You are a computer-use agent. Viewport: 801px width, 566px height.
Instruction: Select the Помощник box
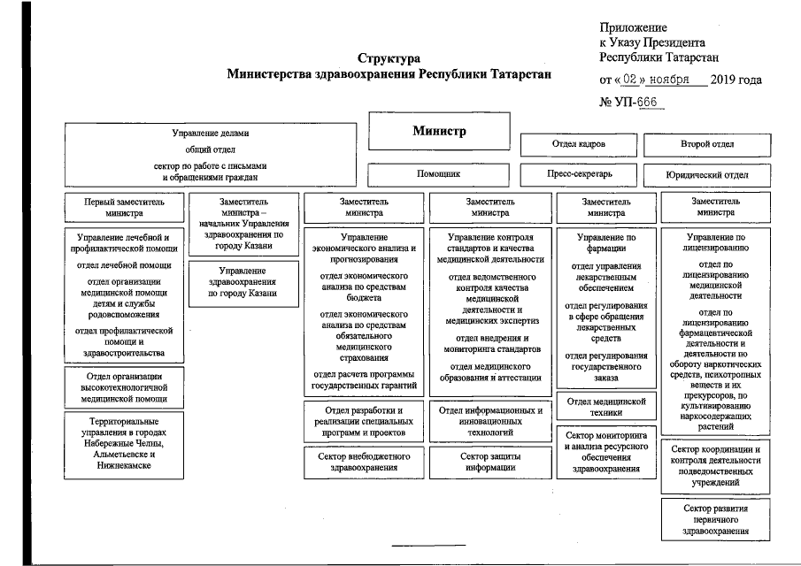pyautogui.click(x=438, y=174)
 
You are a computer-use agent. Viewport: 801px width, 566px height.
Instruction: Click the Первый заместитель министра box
pyautogui.click(x=123, y=207)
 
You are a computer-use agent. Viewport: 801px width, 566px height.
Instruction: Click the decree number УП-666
pyautogui.click(x=635, y=102)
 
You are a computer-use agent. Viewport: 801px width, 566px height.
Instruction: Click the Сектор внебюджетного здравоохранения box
pyautogui.click(x=364, y=462)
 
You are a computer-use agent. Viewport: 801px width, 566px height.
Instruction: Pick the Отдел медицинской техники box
pyautogui.click(x=606, y=407)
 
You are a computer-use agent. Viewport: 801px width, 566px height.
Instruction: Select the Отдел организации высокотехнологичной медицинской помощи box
pyautogui.click(x=123, y=386)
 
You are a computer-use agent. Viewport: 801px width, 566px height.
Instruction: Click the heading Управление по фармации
pyautogui.click(x=606, y=243)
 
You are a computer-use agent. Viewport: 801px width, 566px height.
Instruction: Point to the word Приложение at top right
pyautogui.click(x=633, y=28)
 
